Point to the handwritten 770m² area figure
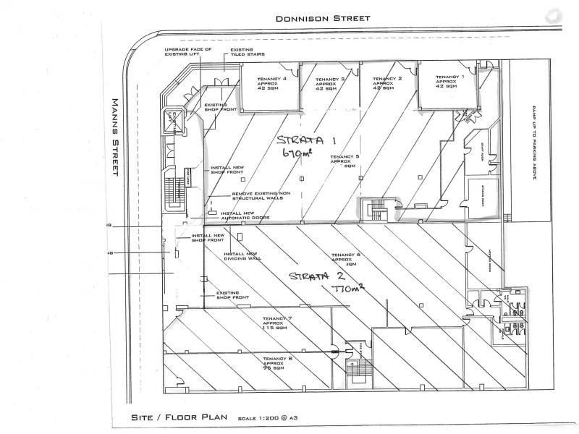point(346,290)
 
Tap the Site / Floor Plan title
point(179,417)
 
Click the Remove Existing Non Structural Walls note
point(257,196)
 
